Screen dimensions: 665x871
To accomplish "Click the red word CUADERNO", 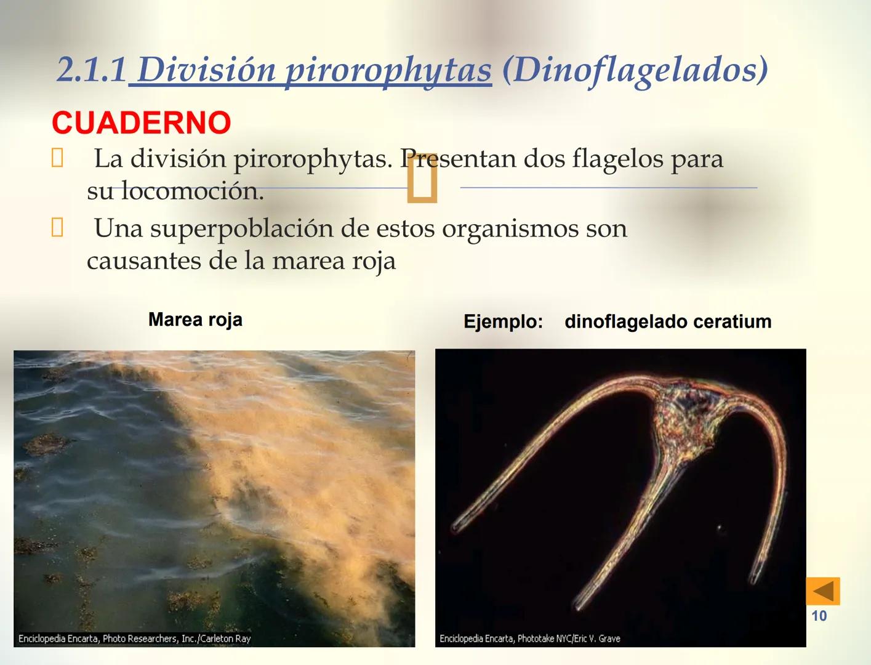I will point(141,123).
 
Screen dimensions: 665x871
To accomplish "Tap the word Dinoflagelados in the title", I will point(635,70).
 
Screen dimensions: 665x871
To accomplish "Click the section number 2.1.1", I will point(92,70).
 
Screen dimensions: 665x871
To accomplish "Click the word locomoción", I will point(192,191).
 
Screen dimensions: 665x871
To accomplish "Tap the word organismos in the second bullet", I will point(509,228).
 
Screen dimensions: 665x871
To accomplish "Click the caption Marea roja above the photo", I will point(195,320).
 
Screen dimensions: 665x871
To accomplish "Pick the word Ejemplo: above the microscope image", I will point(503,321).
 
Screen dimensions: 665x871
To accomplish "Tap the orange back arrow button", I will point(822,591).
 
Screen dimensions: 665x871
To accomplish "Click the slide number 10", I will point(819,616).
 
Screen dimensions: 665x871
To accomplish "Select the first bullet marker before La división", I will point(57,158).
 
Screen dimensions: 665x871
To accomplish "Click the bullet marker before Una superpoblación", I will point(57,228).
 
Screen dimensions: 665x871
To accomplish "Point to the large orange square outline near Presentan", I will point(423,179).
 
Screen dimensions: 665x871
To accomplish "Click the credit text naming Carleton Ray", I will point(134,639).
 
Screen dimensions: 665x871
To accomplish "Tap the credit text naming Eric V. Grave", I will point(529,639).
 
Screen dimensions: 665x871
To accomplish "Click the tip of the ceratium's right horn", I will point(755,578).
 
